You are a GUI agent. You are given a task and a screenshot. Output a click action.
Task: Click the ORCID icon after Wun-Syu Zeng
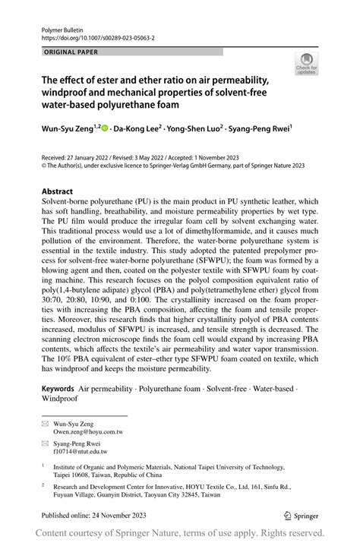point(105,129)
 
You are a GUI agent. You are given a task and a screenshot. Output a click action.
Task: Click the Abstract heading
point(57,191)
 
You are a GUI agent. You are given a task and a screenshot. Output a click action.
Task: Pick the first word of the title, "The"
point(51,77)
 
